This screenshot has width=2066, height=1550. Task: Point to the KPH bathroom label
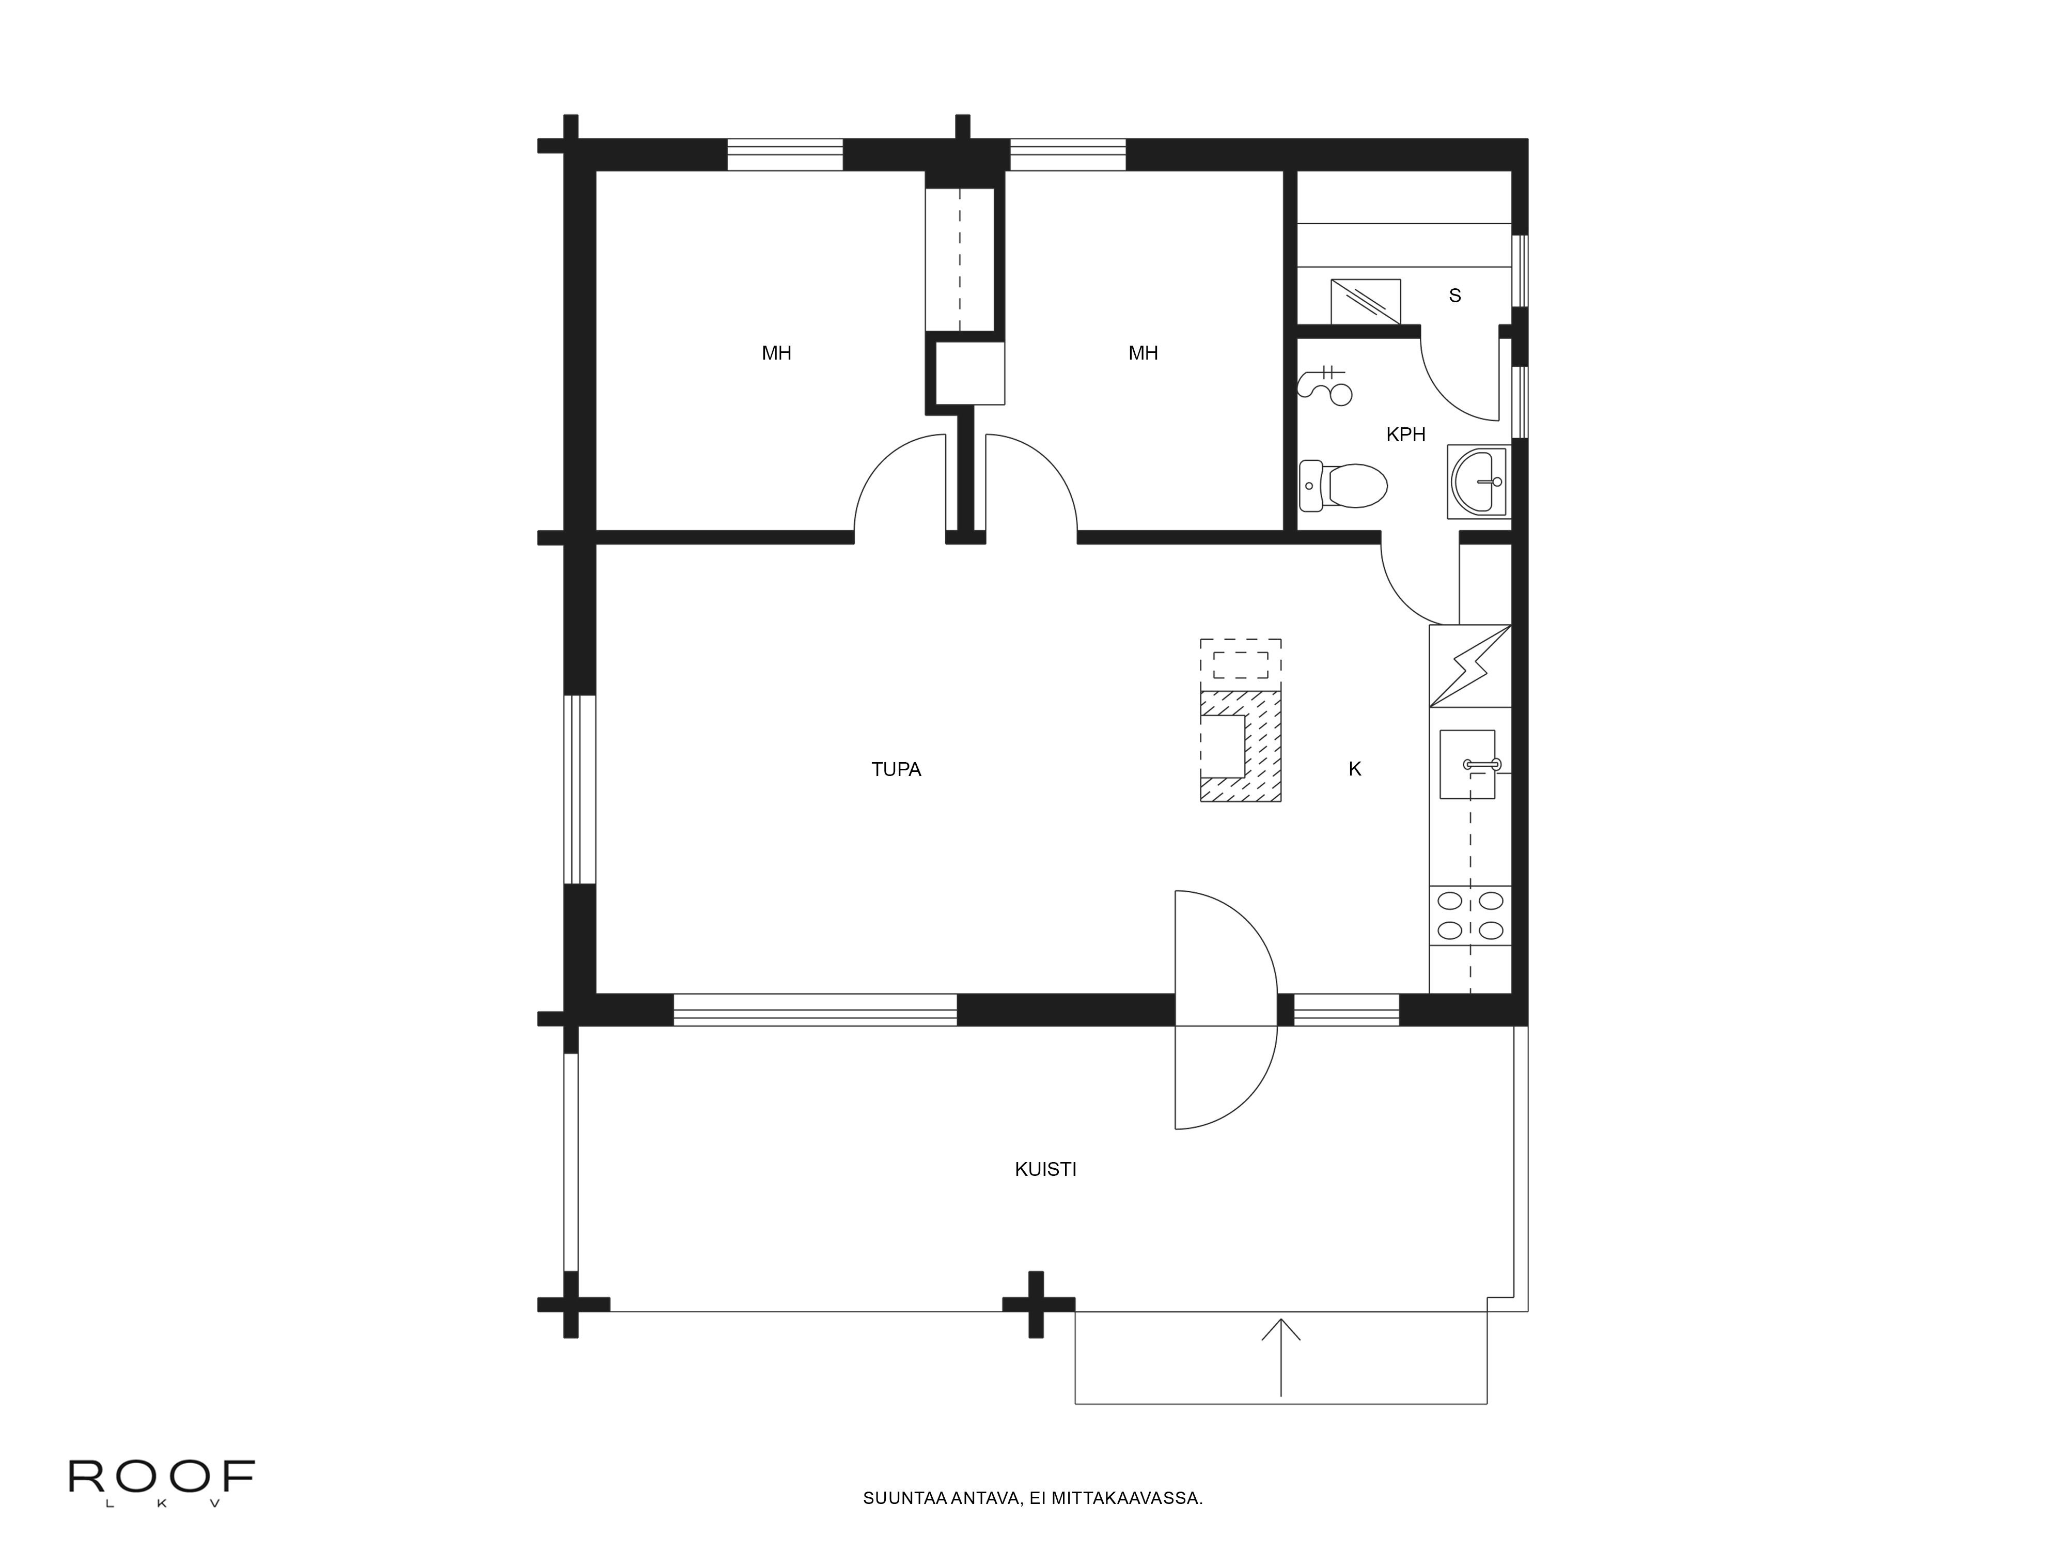coord(1406,435)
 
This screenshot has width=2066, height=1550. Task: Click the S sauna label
coord(1454,295)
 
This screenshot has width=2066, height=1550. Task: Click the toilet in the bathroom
coord(1343,486)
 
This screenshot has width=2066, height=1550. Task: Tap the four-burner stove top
coord(1470,916)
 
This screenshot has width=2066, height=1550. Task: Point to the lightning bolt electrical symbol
coord(1470,665)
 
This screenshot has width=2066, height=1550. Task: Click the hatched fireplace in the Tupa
coord(1240,746)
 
